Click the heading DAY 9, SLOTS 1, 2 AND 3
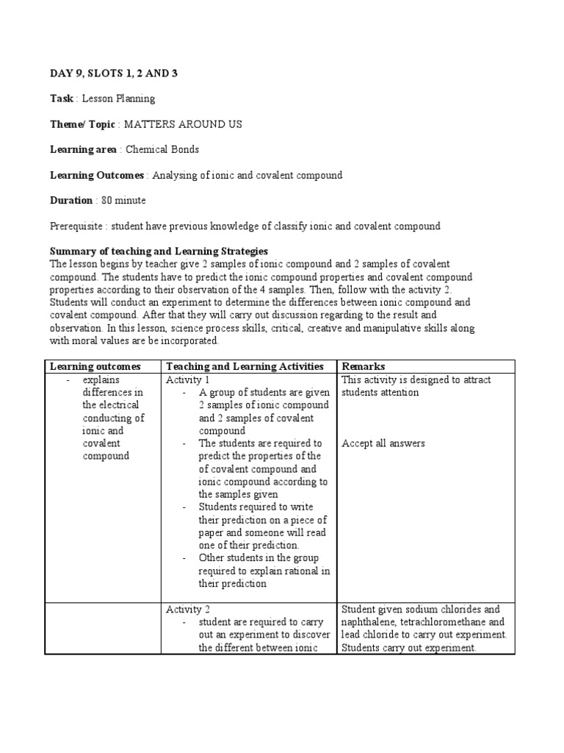coord(113,73)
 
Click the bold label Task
coord(62,99)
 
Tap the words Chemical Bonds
coord(162,150)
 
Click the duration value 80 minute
coord(129,201)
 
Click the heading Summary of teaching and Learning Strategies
coord(159,251)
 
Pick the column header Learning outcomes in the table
coord(93,366)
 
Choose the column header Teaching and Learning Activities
coord(245,366)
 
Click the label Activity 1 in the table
coord(188,379)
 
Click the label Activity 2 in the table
coord(188,610)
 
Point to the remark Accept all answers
coord(383,443)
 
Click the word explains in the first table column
coord(100,379)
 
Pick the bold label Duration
coord(71,201)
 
